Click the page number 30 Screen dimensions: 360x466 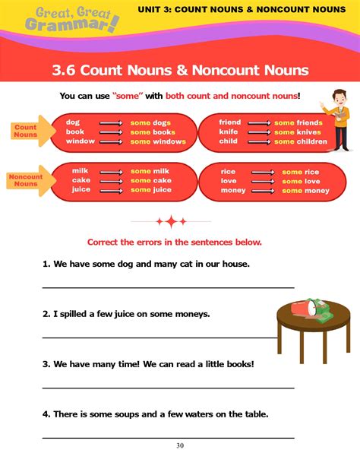[x=179, y=445]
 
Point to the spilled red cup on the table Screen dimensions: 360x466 [x=302, y=309]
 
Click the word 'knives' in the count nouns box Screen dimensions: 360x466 [x=308, y=132]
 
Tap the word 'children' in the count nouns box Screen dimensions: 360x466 [x=310, y=141]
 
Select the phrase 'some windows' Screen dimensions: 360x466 [x=158, y=141]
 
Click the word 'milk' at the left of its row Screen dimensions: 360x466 [x=80, y=171]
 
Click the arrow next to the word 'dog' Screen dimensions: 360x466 [x=111, y=122]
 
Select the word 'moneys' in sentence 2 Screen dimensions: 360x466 [x=192, y=313]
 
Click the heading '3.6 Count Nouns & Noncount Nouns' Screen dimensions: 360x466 [x=180, y=71]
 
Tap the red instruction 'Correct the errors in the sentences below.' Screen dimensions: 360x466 [x=175, y=242]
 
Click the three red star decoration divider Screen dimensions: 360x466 [x=172, y=221]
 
